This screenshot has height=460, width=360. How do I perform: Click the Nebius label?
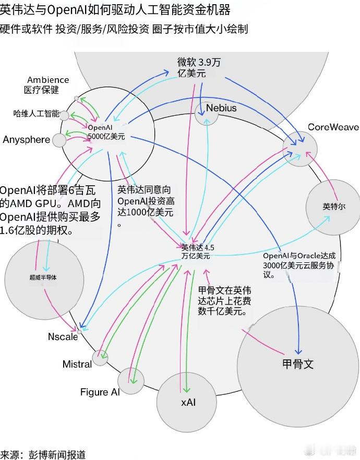[x=221, y=108]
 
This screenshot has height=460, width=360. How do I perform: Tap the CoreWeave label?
[x=333, y=127]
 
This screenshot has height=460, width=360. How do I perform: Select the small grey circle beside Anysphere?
[x=59, y=140]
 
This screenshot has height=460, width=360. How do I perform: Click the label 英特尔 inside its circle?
[x=334, y=207]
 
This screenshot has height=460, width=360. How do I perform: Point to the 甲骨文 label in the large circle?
[x=297, y=364]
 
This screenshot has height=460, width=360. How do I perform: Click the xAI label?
[x=191, y=402]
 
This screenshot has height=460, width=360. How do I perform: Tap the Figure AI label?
[x=100, y=392]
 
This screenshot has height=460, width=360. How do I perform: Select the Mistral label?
[x=77, y=364]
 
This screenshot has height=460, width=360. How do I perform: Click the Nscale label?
[x=63, y=337]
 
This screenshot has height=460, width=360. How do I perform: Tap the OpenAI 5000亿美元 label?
[x=106, y=132]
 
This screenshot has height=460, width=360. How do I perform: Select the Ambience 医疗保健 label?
[x=47, y=84]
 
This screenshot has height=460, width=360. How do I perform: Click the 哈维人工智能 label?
[x=36, y=114]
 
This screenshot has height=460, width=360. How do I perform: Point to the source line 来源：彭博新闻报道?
[x=43, y=454]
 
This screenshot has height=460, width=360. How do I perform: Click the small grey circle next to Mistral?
[x=100, y=358]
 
